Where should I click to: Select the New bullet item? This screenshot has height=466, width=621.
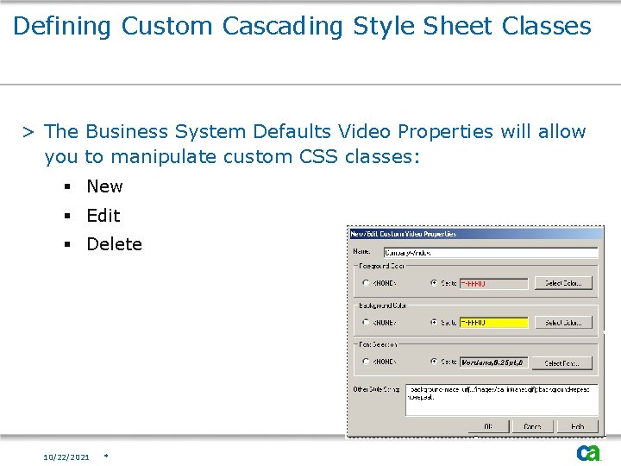point(104,186)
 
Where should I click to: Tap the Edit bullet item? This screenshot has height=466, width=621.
point(103,216)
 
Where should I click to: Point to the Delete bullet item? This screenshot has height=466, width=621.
point(114,244)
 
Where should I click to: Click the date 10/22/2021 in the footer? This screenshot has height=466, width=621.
point(66,457)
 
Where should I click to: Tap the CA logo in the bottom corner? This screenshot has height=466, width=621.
point(589,452)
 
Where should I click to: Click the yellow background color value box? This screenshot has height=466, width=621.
point(492,323)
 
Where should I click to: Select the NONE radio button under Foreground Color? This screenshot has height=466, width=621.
point(366,283)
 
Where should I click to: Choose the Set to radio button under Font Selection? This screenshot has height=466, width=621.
point(434,362)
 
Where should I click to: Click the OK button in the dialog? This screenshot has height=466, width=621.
point(489,426)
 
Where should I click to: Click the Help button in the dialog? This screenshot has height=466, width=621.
point(577,426)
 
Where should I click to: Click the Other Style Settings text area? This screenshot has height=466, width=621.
point(500,400)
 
